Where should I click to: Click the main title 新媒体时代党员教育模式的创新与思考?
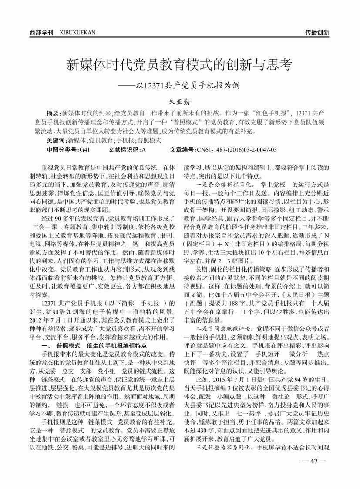click(x=179, y=66)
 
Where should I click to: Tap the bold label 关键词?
click(x=55, y=141)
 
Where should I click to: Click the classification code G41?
click(x=84, y=149)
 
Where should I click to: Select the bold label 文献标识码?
click(x=122, y=149)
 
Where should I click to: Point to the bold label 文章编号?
click(x=182, y=149)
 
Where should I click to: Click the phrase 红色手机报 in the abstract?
click(x=262, y=112)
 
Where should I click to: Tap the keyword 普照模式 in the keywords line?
click(x=150, y=141)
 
